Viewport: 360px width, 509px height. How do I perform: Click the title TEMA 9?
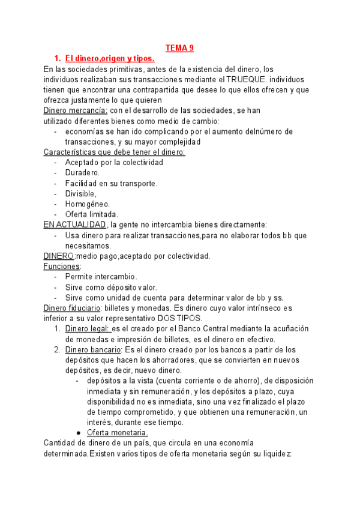pos(180,48)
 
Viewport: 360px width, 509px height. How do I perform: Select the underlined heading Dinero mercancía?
pos(76,110)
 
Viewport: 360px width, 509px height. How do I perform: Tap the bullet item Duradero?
pos(83,173)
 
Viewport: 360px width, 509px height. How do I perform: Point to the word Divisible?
pos(80,193)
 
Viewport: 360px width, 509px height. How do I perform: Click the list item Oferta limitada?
pos(92,214)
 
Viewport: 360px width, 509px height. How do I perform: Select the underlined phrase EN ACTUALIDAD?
pos(75,224)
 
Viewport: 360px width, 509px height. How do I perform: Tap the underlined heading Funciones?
pos(62,266)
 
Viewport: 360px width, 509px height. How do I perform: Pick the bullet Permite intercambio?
pos(101,277)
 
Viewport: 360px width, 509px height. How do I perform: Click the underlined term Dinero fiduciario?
pos(71,308)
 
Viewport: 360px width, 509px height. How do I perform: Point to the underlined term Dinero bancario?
pos(92,349)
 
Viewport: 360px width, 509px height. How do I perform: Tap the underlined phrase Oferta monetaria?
pos(117,432)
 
